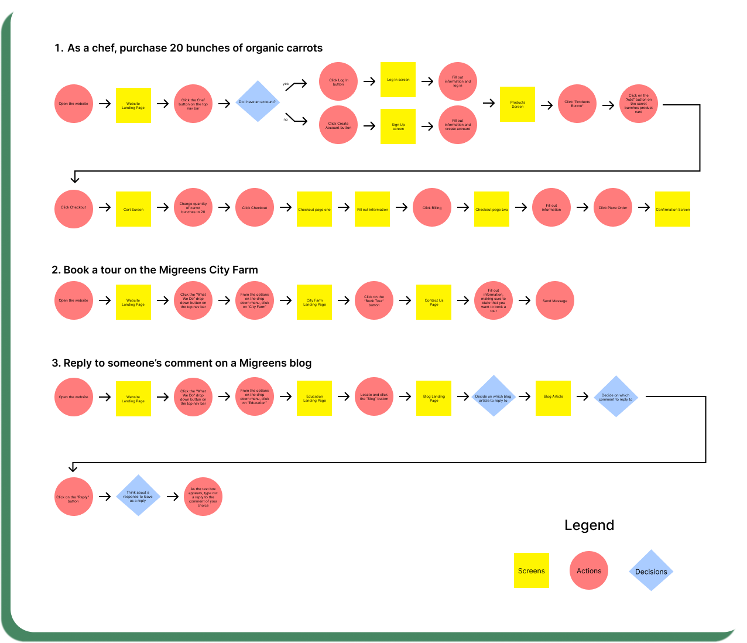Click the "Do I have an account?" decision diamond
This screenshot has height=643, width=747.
(258, 102)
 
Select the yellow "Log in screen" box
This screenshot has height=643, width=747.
(398, 80)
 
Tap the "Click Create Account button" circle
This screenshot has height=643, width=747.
(338, 125)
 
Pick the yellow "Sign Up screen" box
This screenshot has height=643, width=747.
(398, 126)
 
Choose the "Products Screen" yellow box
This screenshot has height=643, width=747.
(518, 104)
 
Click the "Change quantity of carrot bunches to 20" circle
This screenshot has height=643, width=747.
(193, 208)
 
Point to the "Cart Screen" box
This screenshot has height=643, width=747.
(133, 209)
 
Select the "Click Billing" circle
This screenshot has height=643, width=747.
(432, 207)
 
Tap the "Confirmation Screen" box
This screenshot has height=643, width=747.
(673, 209)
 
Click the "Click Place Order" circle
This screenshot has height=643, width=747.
(613, 207)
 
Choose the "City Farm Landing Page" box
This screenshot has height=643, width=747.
(314, 302)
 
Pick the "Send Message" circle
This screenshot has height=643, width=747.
(555, 301)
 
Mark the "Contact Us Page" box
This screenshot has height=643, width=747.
(434, 302)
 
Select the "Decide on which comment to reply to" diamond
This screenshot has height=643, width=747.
(616, 396)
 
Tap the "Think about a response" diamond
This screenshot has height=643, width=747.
(138, 496)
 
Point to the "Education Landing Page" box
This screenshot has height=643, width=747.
(314, 398)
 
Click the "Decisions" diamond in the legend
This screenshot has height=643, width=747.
(651, 571)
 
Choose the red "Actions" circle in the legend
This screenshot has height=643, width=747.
(589, 571)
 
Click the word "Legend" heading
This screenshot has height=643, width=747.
(589, 525)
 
